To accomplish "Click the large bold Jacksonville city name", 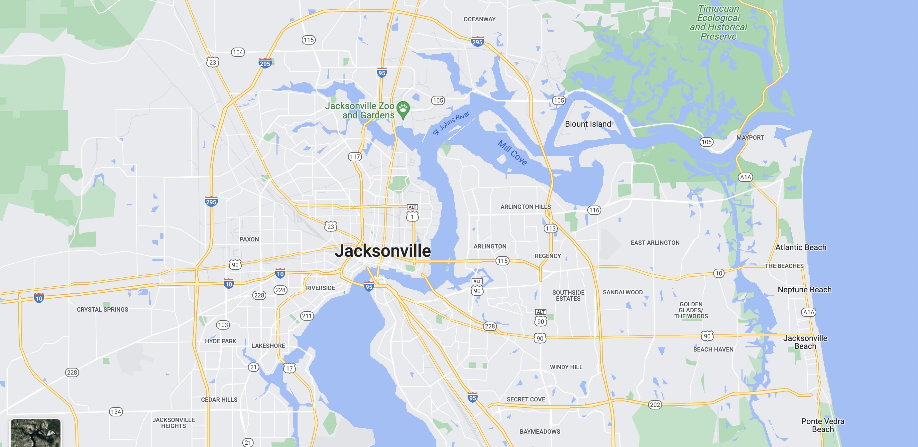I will click(383, 250).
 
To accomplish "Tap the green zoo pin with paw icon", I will click(403, 109).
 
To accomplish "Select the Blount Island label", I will click(588, 124).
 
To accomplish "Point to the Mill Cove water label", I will click(513, 153).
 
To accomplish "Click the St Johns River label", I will click(451, 123).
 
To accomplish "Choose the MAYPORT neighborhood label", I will click(750, 137).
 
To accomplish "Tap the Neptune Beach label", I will click(804, 289).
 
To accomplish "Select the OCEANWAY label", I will click(479, 19).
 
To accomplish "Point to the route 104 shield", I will click(238, 52).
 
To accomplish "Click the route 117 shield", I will click(355, 156).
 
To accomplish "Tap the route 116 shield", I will click(594, 210).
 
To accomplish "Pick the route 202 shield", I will click(655, 404).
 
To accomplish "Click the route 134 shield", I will click(116, 412).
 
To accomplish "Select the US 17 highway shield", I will click(289, 368).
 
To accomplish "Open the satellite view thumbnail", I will click(35, 432).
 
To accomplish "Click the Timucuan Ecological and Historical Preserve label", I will click(718, 22).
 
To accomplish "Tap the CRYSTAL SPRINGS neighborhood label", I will click(102, 309).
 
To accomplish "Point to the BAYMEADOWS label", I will click(539, 431).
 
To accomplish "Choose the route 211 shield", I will click(306, 316).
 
